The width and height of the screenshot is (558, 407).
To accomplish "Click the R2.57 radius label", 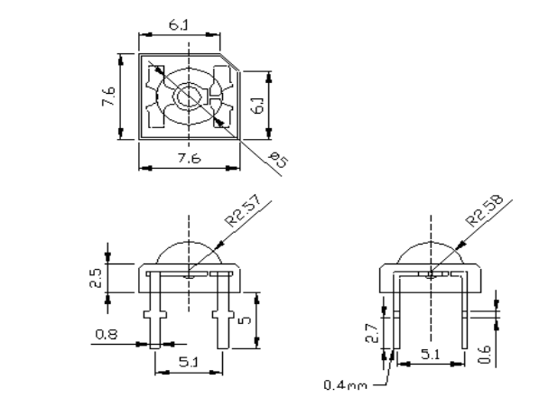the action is click(x=244, y=210).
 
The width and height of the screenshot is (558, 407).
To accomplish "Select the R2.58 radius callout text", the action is click(x=485, y=210).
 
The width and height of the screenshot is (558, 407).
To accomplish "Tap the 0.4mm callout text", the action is click(x=345, y=385).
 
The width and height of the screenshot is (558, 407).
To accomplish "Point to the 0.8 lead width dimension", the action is click(x=106, y=335).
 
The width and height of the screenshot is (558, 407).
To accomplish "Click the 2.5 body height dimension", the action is click(x=96, y=279).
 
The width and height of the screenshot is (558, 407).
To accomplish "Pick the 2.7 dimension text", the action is click(x=371, y=333).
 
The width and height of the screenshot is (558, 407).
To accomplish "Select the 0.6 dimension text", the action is click(x=485, y=354).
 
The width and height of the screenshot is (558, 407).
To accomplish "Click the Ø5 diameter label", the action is click(x=279, y=160).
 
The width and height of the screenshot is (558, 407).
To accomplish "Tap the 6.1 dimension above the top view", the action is click(x=178, y=25).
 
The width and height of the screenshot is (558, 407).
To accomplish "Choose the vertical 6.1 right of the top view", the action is click(x=258, y=106).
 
